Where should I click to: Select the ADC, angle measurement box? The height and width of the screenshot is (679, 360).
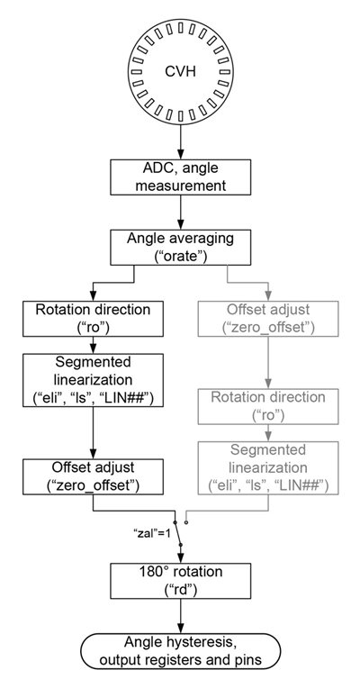[180, 177]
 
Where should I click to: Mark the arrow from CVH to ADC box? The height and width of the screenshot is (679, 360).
[180, 141]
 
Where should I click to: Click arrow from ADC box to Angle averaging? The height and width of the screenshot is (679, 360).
[180, 212]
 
